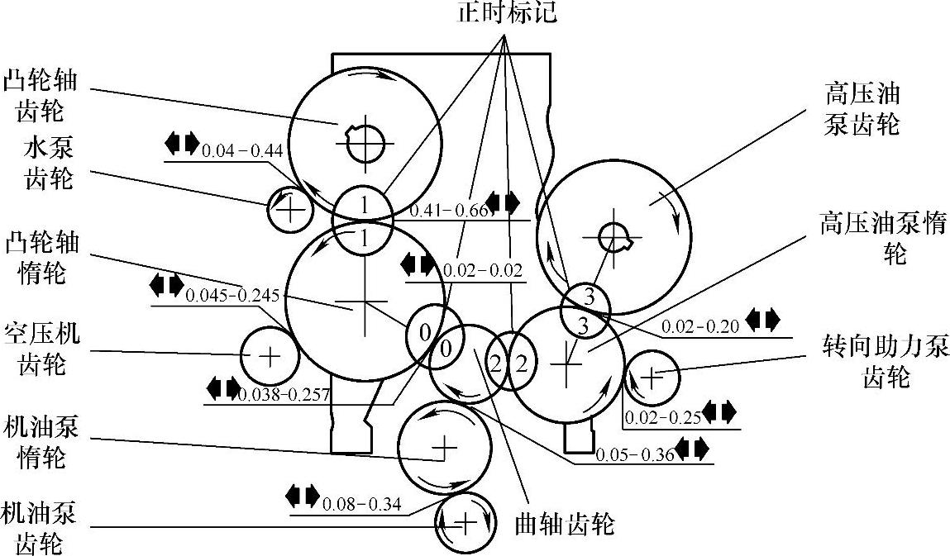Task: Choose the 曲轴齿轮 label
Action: [565, 523]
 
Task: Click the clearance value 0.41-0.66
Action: [446, 211]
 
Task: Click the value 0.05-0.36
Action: [632, 454]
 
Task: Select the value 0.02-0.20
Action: [699, 326]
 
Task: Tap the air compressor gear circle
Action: [269, 356]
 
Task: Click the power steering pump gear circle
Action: [652, 377]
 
